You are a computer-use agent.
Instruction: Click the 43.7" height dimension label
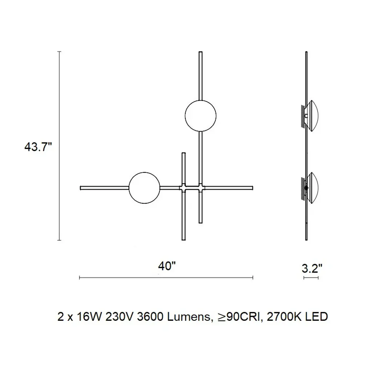tap(38, 147)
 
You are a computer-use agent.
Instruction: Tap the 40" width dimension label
tap(167, 266)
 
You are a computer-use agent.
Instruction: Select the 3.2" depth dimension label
tap(312, 268)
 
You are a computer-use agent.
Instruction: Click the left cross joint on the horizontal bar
tap(183, 188)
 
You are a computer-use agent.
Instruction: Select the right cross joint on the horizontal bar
tap(201, 188)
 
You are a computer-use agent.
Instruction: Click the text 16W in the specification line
tap(89, 317)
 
